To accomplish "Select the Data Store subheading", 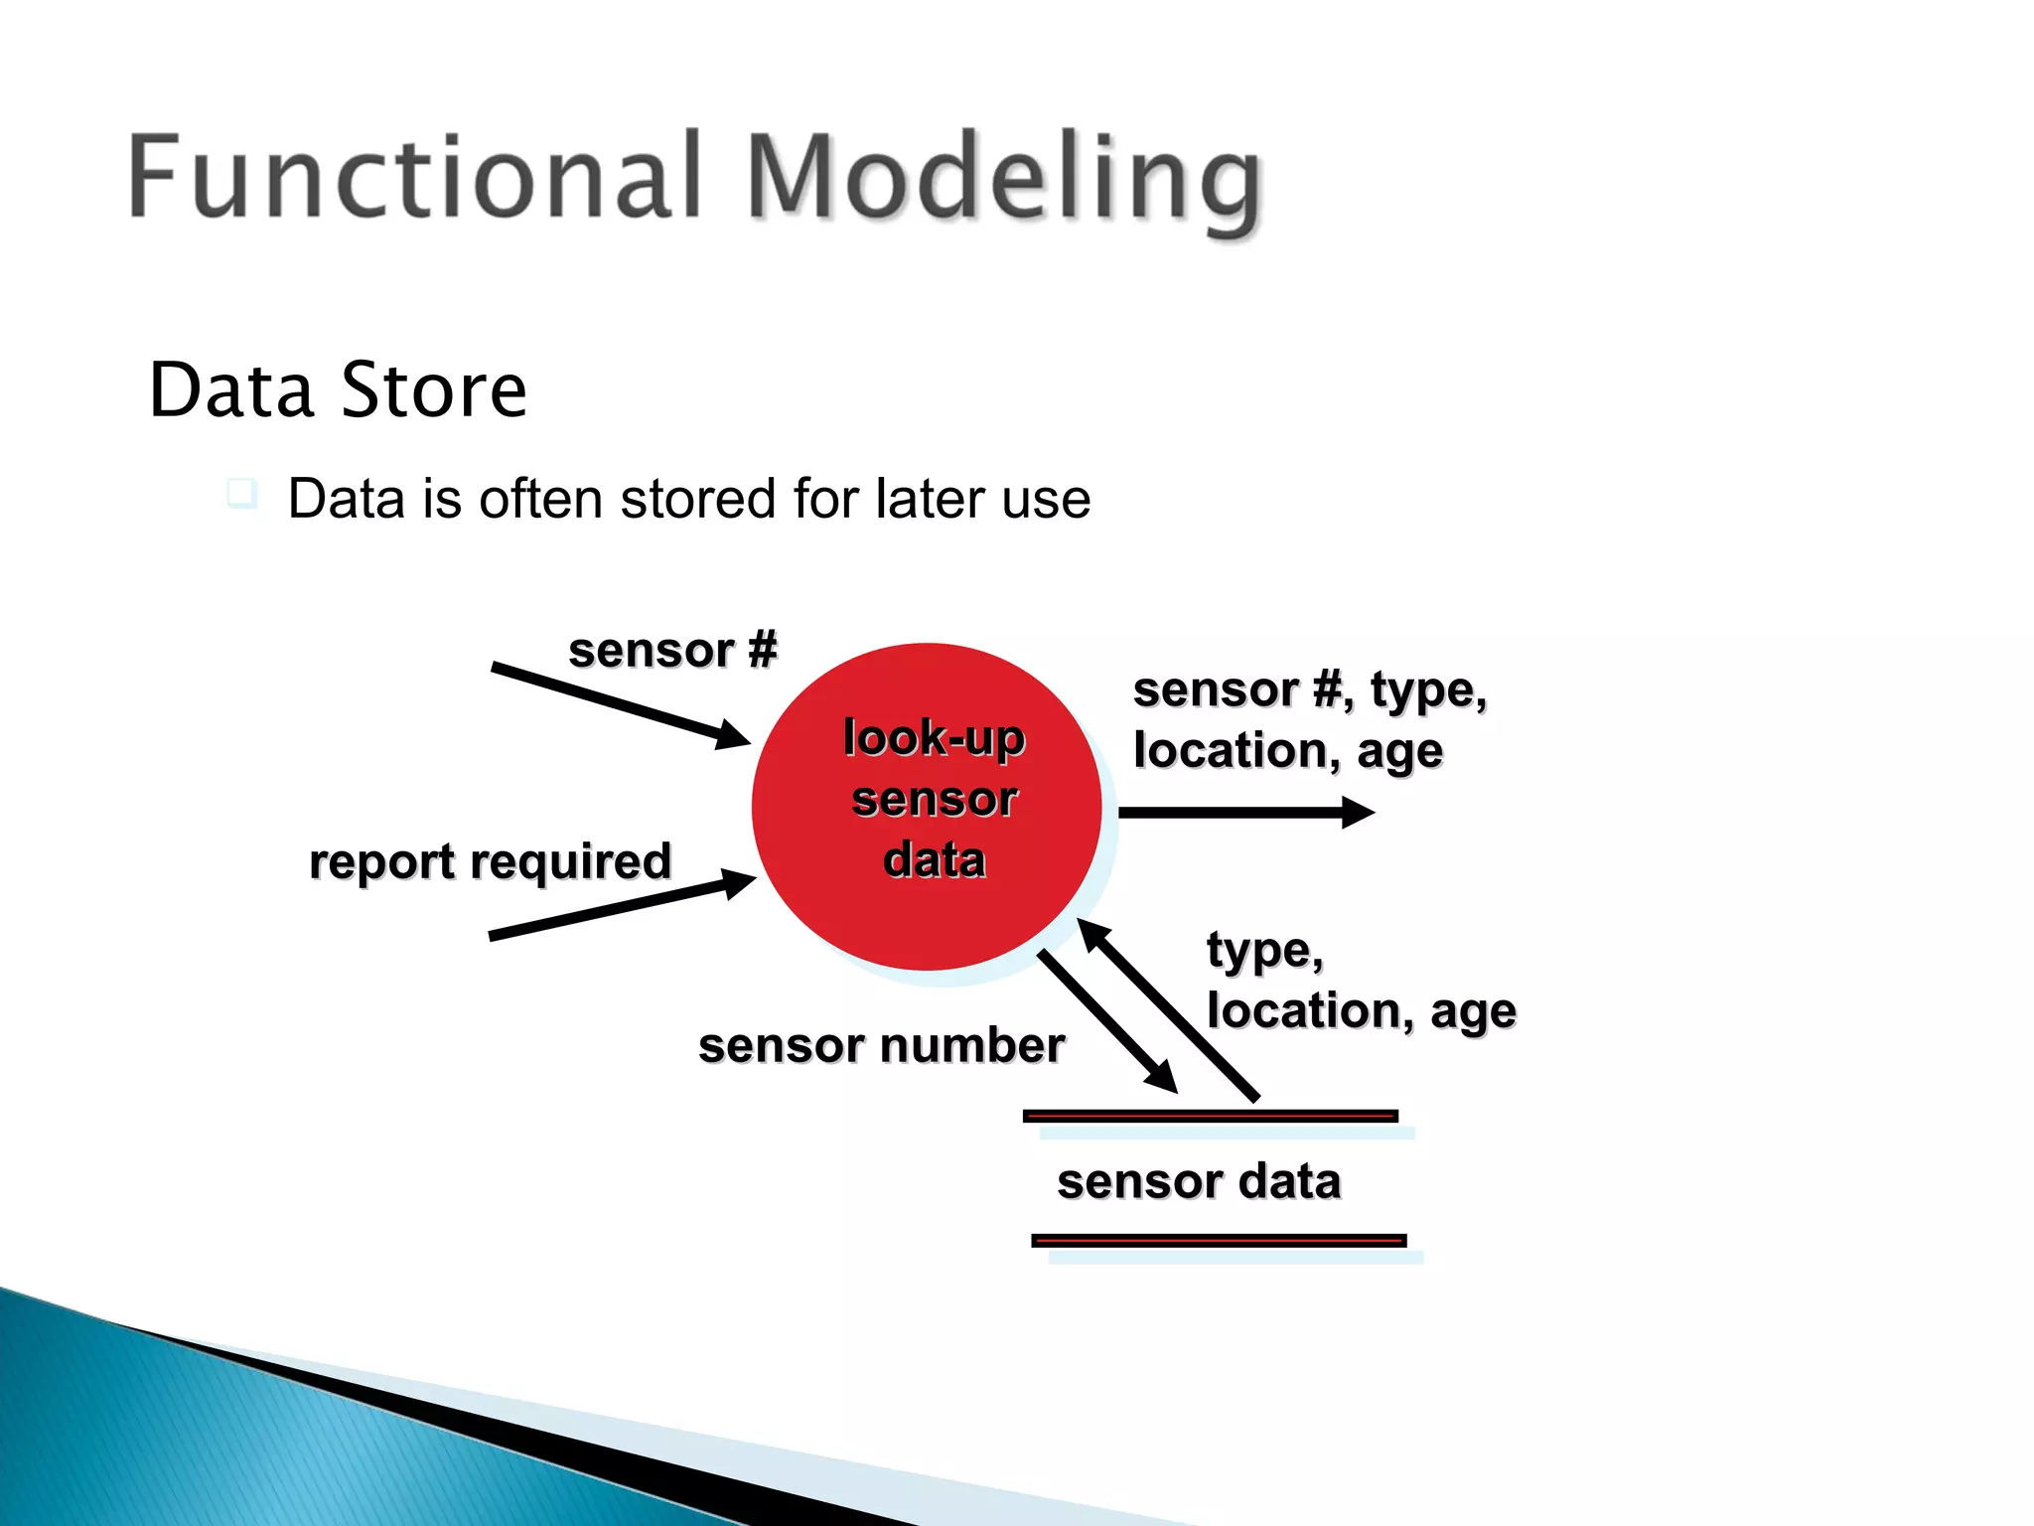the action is (x=338, y=389).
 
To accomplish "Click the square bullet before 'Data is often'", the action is (x=241, y=493).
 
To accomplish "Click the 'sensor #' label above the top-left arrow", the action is (x=672, y=651).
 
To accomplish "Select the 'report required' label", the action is (x=491, y=861).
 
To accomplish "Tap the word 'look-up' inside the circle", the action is (x=934, y=738).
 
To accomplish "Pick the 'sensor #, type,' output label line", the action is (x=1310, y=689).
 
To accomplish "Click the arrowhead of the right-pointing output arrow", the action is (x=1358, y=812).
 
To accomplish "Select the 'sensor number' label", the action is (x=881, y=1045).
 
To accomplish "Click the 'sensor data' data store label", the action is (x=1199, y=1181).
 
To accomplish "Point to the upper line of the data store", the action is (x=1211, y=1117).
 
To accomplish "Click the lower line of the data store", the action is (x=1219, y=1240).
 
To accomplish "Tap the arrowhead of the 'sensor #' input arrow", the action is (x=735, y=735).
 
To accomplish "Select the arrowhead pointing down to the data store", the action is (x=1163, y=1079).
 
